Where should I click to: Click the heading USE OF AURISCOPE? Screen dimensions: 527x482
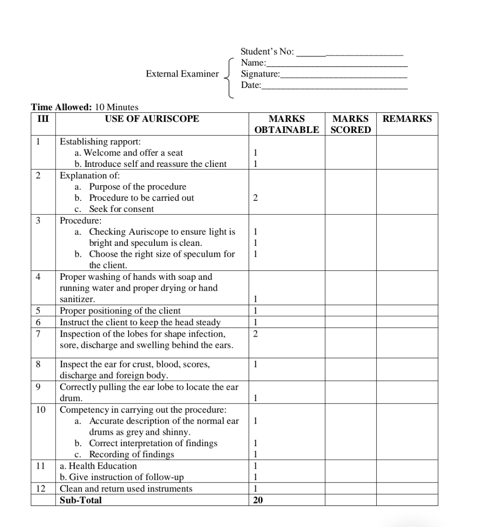pos(152,119)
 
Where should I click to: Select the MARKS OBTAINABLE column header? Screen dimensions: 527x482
pos(286,124)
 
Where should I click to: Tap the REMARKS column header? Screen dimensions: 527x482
pos(407,119)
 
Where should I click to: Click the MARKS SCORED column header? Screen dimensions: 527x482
pos(351,124)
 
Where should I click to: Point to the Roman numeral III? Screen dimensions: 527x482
pos(43,119)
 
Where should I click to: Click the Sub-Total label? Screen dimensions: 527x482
pos(81,500)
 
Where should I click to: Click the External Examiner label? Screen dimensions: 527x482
pos(182,74)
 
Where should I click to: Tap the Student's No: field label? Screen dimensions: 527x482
pos(267,51)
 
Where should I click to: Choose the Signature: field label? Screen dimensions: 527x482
pos(261,74)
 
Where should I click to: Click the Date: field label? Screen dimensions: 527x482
pos(251,85)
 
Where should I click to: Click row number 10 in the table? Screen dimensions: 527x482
pos(41,410)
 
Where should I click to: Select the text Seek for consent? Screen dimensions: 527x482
pos(121,209)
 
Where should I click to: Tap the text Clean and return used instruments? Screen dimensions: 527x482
pos(126,489)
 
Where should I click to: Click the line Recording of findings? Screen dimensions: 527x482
pos(131,454)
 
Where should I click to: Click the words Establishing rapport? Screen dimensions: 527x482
pos(100,142)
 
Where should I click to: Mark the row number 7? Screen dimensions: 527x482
pos(38,334)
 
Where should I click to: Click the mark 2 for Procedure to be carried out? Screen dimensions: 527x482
pos(255,198)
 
